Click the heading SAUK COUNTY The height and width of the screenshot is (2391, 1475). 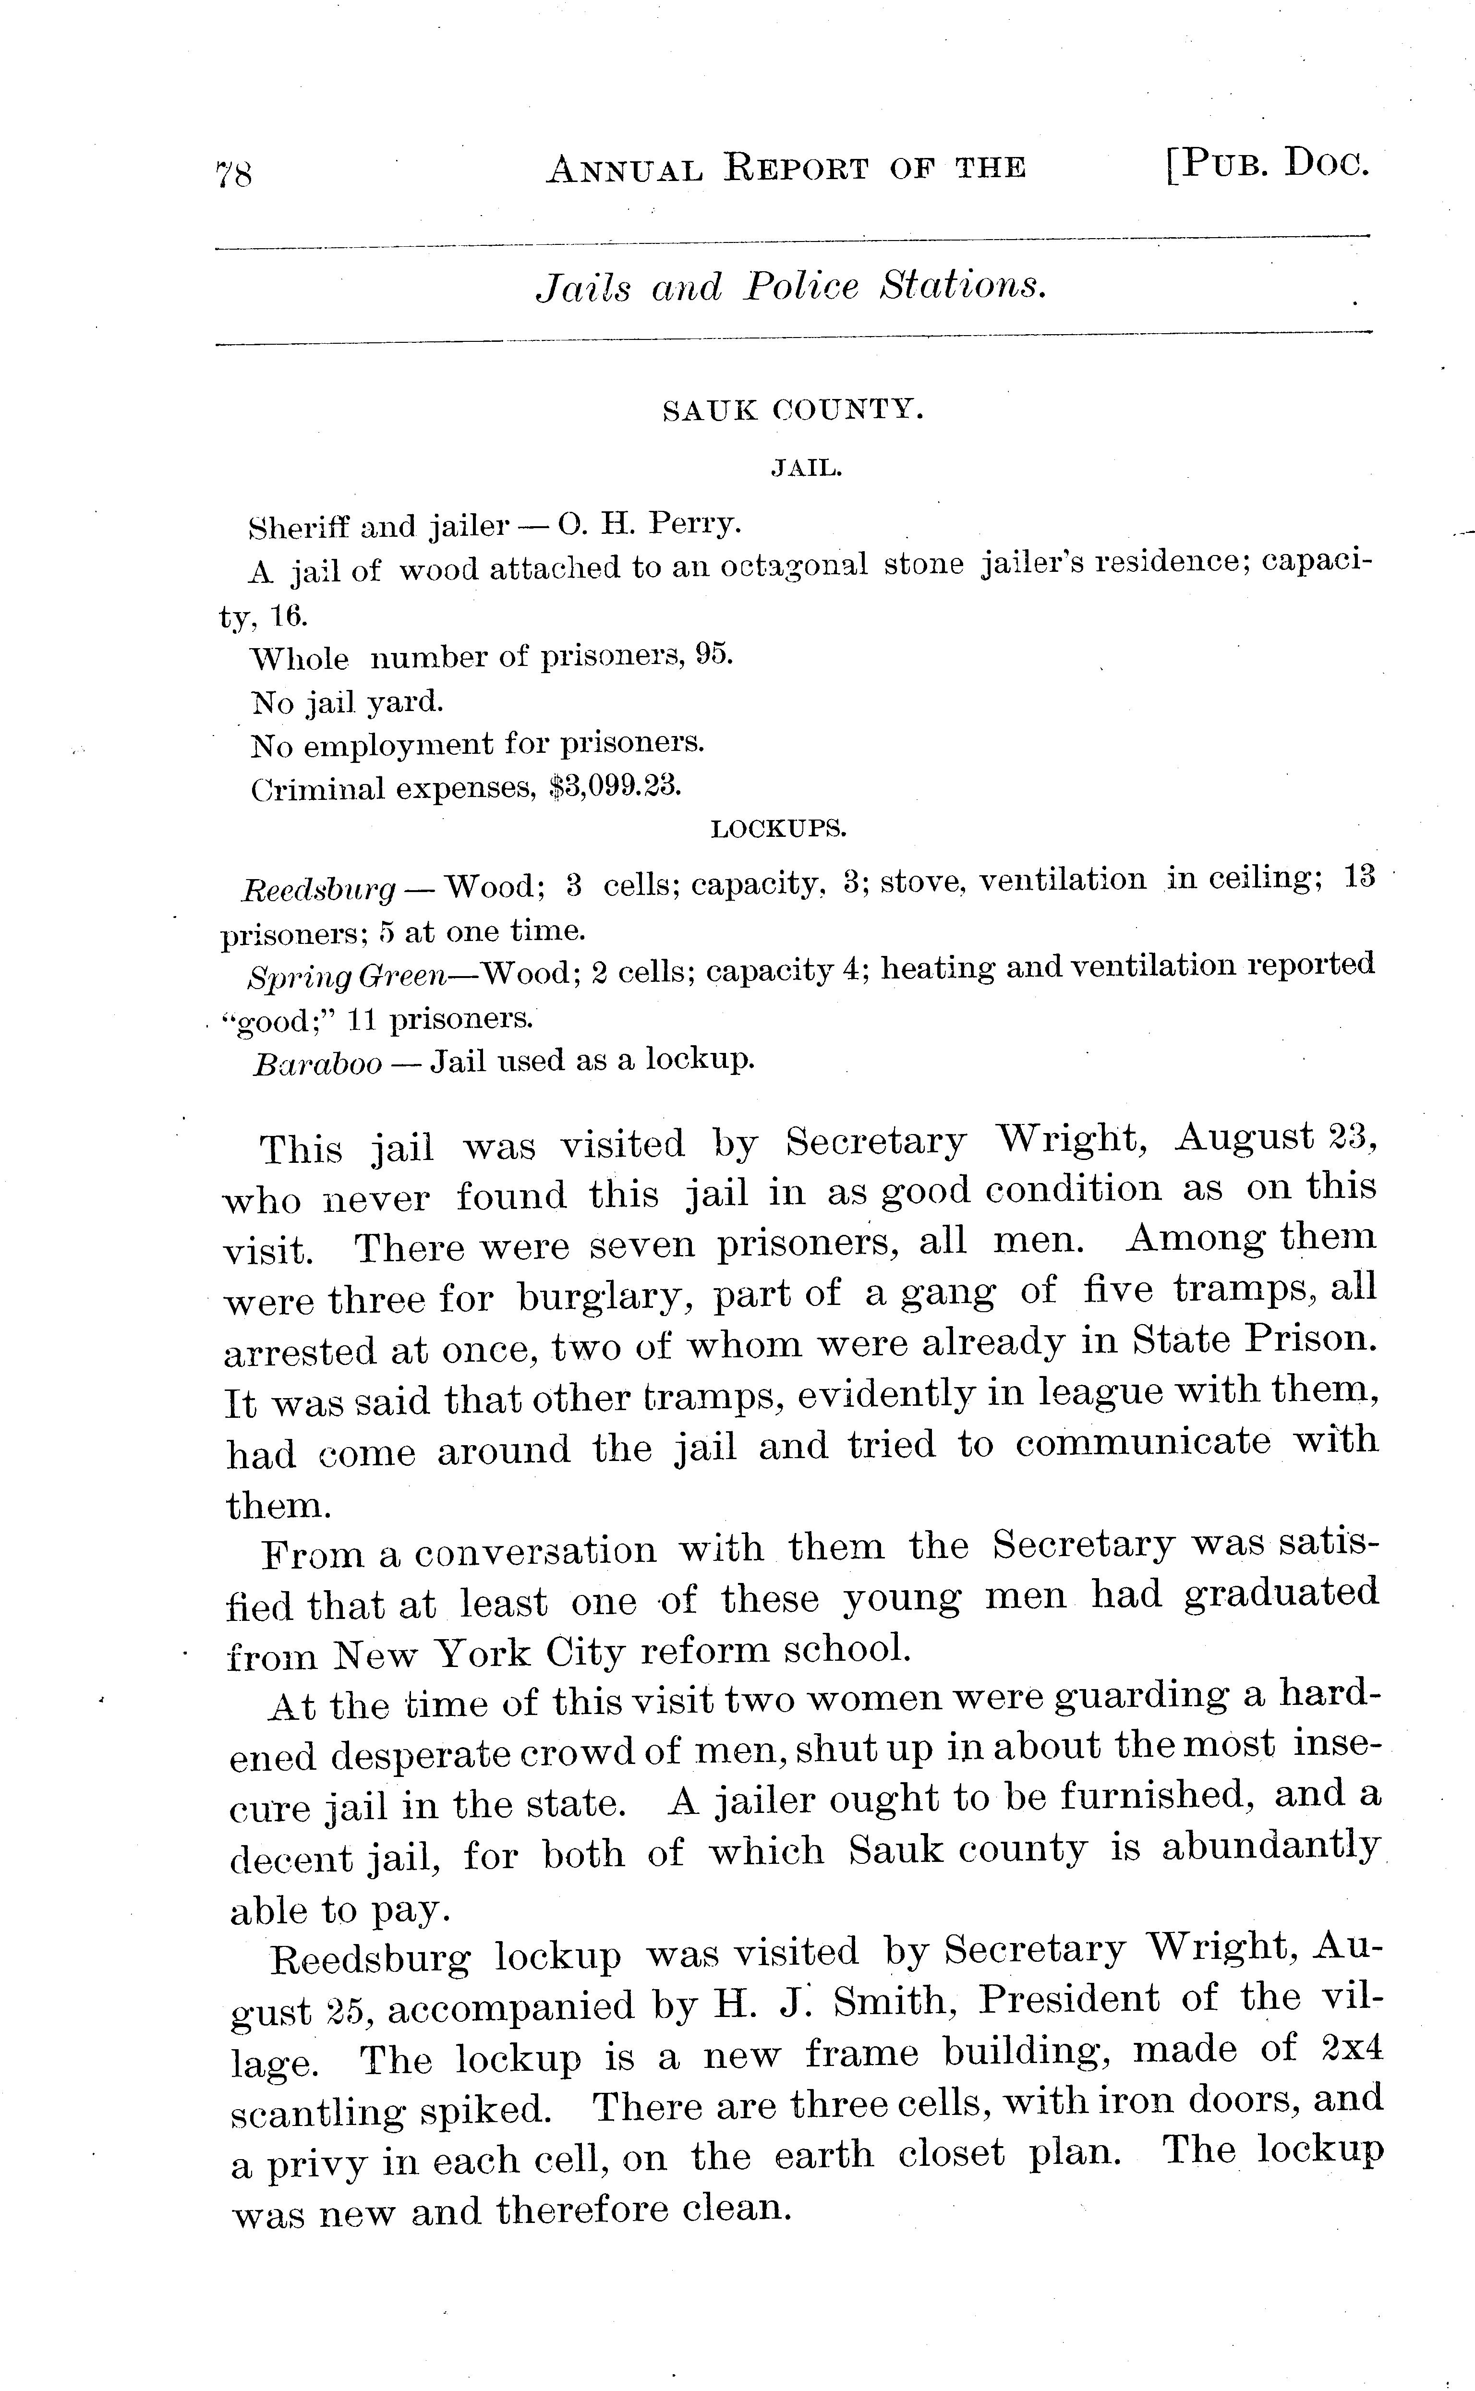pyautogui.click(x=792, y=411)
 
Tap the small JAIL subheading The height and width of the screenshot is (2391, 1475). pyautogui.click(x=806, y=469)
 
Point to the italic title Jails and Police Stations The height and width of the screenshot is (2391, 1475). pyautogui.click(x=791, y=287)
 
